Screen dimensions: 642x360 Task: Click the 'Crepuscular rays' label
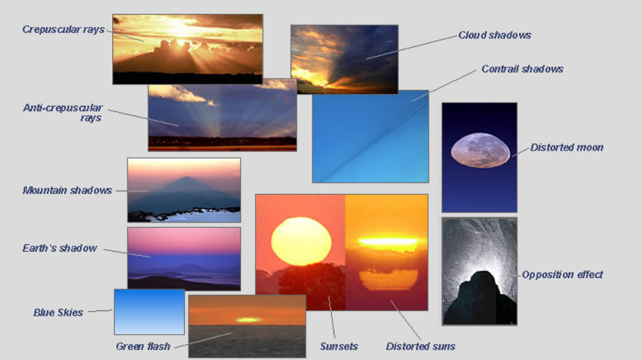pos(63,30)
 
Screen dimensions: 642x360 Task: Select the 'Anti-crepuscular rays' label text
pos(63,113)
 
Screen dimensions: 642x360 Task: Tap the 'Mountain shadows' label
pos(67,190)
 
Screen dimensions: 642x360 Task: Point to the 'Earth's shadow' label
pos(60,248)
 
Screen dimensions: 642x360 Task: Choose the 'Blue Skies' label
pos(58,312)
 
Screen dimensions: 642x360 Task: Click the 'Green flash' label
pos(143,347)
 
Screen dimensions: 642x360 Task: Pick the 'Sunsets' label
pos(339,347)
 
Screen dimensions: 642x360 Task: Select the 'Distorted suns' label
pos(421,347)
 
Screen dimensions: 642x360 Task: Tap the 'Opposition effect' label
pos(562,275)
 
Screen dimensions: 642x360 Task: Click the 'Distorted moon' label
pos(567,147)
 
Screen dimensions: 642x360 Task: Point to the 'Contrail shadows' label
pos(522,69)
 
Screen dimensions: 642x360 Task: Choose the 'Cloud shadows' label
pos(495,35)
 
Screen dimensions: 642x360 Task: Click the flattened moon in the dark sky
pos(480,151)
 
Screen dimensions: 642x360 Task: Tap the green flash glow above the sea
pos(248,320)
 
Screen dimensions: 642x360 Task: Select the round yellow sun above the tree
pos(301,241)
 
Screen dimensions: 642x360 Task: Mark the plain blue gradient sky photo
pos(149,312)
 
